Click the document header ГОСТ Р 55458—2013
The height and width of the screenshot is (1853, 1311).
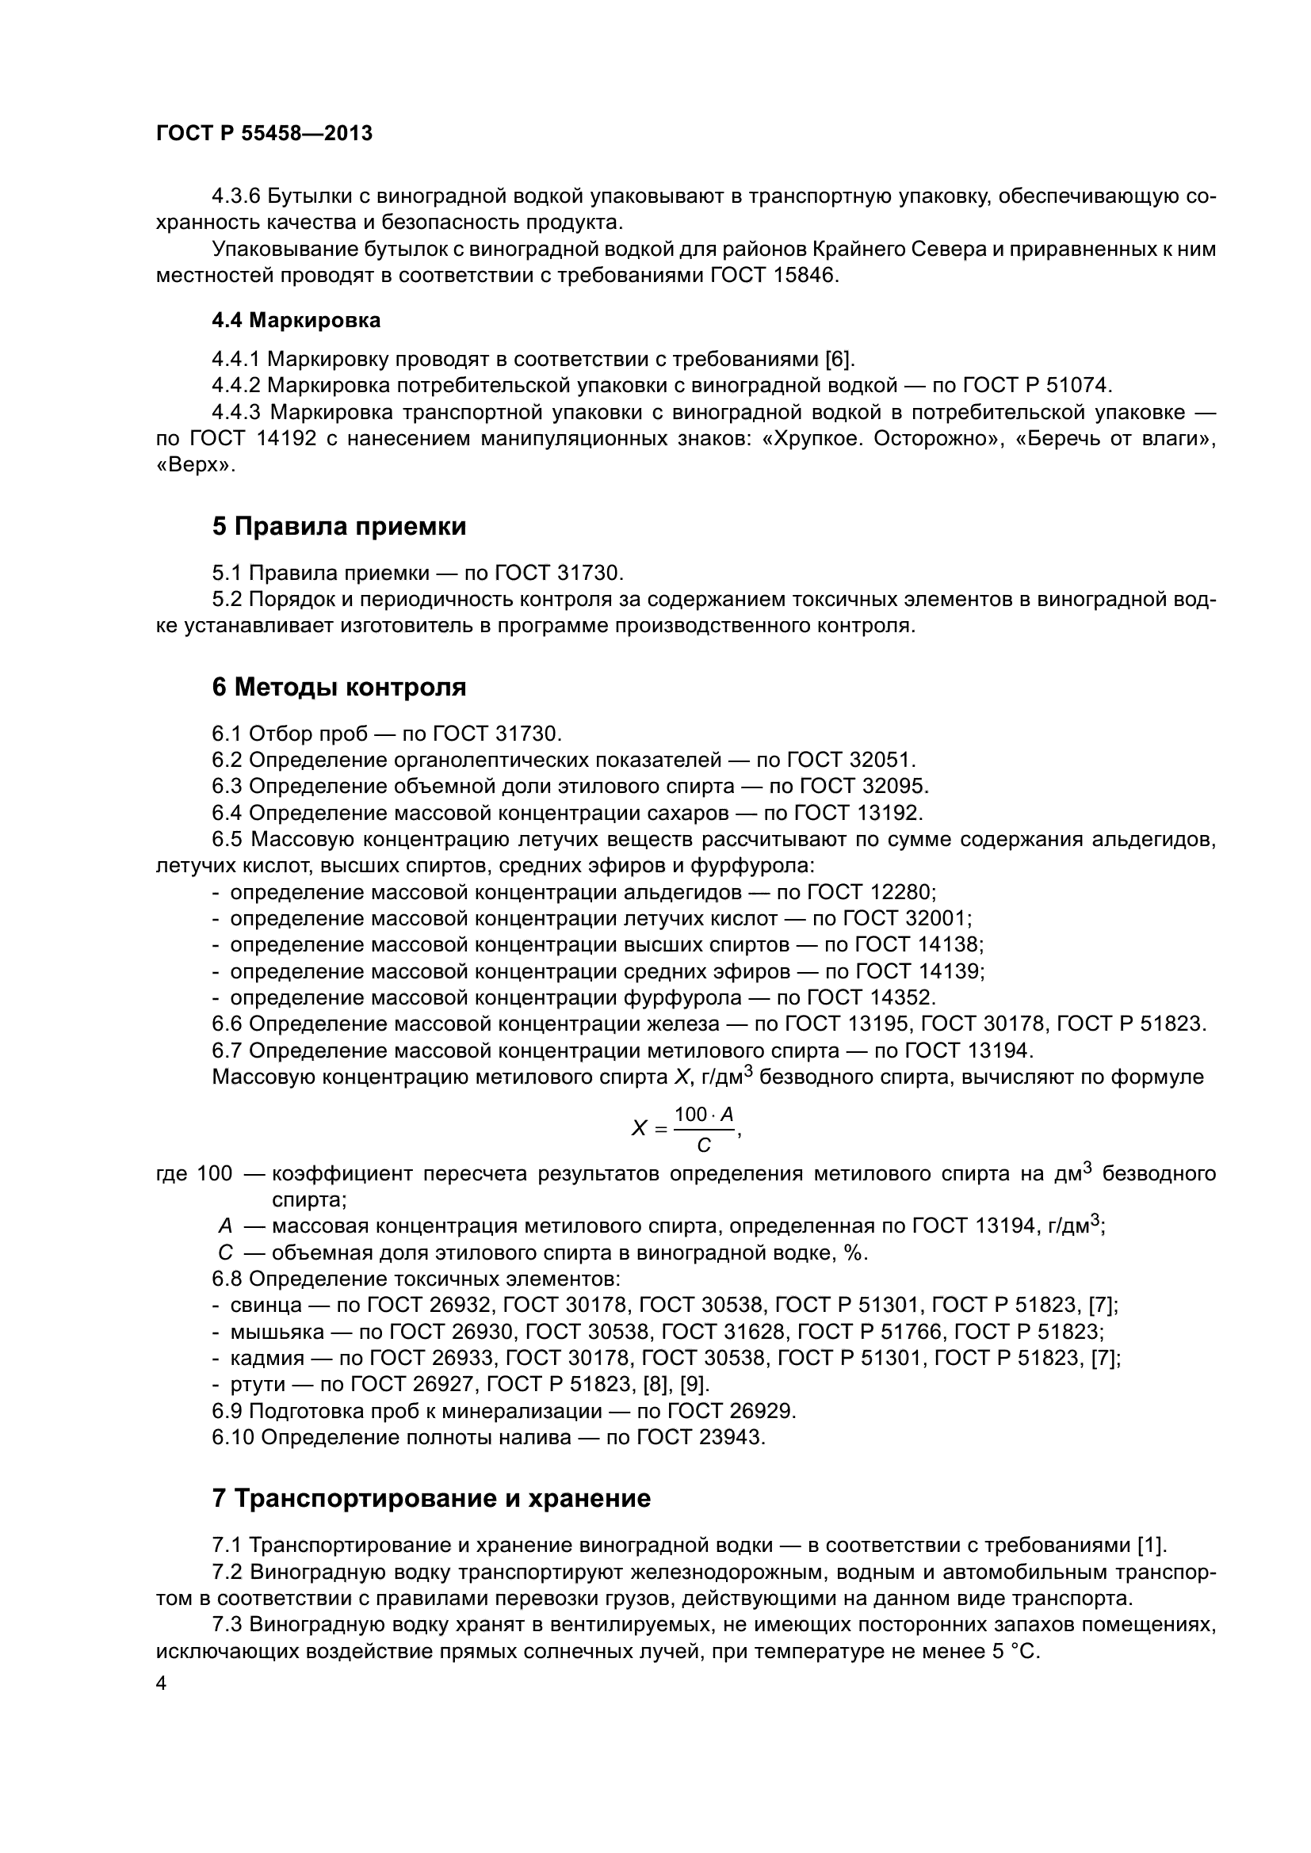tap(264, 134)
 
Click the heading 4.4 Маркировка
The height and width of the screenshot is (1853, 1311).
tap(296, 320)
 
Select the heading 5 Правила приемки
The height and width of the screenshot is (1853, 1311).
tap(339, 527)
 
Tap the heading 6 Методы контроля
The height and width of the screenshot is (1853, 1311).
tap(339, 688)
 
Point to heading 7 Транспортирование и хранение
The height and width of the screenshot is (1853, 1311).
tap(431, 1499)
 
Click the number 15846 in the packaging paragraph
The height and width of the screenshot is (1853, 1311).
tap(803, 275)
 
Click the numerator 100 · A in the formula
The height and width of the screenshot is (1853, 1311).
tap(704, 1115)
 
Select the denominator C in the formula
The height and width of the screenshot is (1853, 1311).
tap(704, 1146)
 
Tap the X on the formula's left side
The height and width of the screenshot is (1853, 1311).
tap(639, 1129)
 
